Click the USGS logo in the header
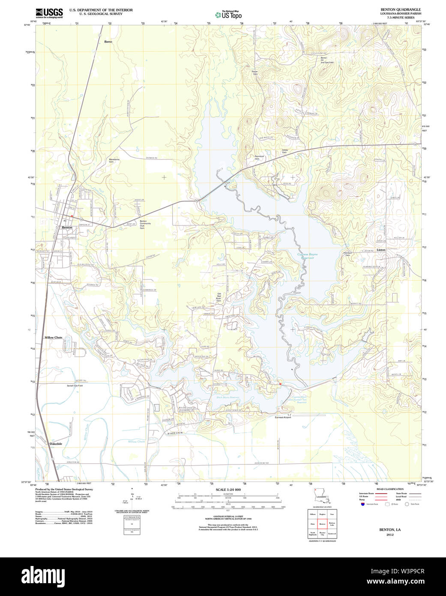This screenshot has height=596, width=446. [x=49, y=13]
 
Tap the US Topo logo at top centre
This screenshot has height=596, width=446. [x=229, y=15]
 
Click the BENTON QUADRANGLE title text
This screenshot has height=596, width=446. [x=401, y=9]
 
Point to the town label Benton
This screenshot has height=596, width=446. [x=67, y=227]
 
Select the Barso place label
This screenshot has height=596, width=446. [x=108, y=42]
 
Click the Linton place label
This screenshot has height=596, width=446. [x=381, y=250]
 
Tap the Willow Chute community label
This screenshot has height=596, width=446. [x=54, y=337]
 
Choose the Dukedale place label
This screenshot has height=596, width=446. [x=56, y=444]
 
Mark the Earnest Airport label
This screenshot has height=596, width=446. [x=283, y=417]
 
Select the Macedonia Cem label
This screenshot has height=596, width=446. [x=114, y=160]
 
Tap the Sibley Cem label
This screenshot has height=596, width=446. [x=284, y=151]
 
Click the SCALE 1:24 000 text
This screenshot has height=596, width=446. [x=228, y=490]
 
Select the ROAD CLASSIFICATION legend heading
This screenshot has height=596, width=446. [x=389, y=489]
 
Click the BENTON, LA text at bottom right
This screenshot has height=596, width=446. [x=389, y=530]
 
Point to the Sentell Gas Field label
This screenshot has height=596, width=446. [x=75, y=385]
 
